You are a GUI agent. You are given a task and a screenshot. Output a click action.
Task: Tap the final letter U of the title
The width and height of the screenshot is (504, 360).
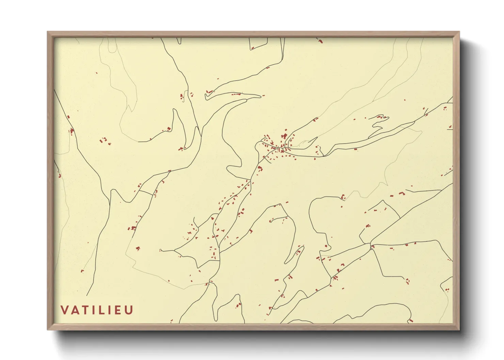point(129,310)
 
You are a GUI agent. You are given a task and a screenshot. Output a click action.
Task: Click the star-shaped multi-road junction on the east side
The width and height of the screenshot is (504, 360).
point(371,244)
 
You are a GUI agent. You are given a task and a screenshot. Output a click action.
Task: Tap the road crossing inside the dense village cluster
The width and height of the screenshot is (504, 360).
point(282,149)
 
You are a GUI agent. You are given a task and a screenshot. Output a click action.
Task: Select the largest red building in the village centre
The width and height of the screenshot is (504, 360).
point(284,136)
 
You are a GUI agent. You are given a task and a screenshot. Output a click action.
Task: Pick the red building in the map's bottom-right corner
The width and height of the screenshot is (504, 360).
point(410,320)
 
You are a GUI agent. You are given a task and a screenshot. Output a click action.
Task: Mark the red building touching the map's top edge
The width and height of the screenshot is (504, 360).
point(320,41)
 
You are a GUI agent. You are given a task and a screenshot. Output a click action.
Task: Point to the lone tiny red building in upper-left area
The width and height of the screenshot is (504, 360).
point(97,73)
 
